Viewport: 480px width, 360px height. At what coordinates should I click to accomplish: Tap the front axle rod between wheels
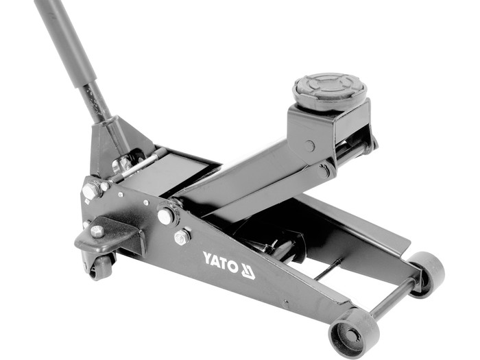[x=393, y=297]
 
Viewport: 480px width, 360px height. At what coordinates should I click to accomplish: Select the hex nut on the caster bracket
[x=97, y=232]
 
